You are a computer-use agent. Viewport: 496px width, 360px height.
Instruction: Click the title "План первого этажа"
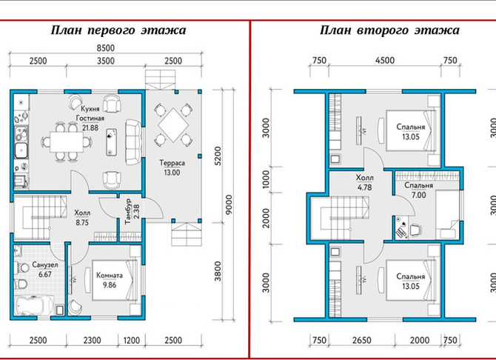click(118, 30)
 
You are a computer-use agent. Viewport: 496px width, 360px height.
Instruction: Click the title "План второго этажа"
click(389, 30)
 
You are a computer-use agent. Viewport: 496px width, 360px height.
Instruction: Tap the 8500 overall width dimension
click(105, 48)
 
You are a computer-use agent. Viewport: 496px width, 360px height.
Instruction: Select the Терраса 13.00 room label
click(172, 168)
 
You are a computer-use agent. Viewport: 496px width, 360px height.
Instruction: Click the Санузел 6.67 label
click(45, 270)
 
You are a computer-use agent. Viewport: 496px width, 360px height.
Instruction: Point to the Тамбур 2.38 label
click(132, 211)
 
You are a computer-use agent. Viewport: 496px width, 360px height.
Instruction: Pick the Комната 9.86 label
click(110, 280)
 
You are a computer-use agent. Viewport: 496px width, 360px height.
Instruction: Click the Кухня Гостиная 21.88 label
click(90, 118)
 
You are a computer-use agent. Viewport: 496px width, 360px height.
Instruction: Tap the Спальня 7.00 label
click(418, 190)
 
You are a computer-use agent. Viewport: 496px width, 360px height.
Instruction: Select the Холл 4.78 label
click(365, 182)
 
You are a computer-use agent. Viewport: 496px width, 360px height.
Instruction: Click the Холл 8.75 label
click(82, 218)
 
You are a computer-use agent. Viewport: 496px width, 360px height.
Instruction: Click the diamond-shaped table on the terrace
click(173, 125)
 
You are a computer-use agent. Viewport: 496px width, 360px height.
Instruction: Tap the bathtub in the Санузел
click(34, 305)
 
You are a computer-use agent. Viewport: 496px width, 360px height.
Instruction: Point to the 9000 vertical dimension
click(229, 204)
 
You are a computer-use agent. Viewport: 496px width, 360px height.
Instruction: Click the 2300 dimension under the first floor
click(92, 340)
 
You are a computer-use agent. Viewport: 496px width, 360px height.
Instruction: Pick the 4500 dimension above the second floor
click(385, 60)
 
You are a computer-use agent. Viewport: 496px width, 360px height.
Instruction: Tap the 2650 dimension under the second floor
click(361, 340)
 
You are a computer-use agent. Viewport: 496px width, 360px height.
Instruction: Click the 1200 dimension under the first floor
click(132, 340)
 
